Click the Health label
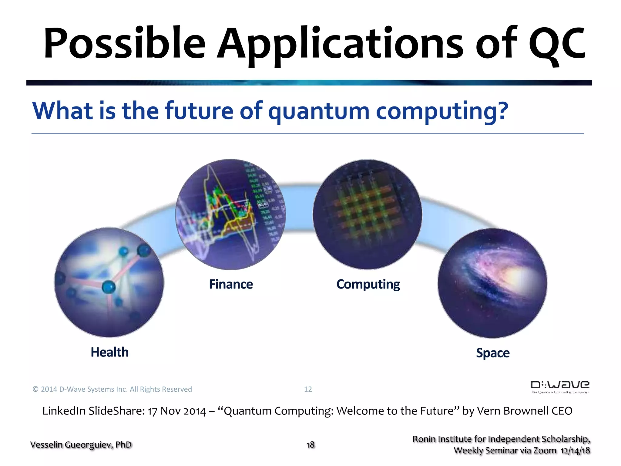pos(109,352)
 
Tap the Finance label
pos(231,284)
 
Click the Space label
pos(493,353)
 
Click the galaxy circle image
pos(492,283)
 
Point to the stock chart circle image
pos(230,214)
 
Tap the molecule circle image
pos(109,282)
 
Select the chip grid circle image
pos(367,214)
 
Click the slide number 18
pos(310,445)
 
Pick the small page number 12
pos(308,389)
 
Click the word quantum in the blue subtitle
pos(319,111)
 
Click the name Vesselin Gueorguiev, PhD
pos(81,445)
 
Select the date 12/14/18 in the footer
pos(575,451)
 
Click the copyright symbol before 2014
pos(35,389)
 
